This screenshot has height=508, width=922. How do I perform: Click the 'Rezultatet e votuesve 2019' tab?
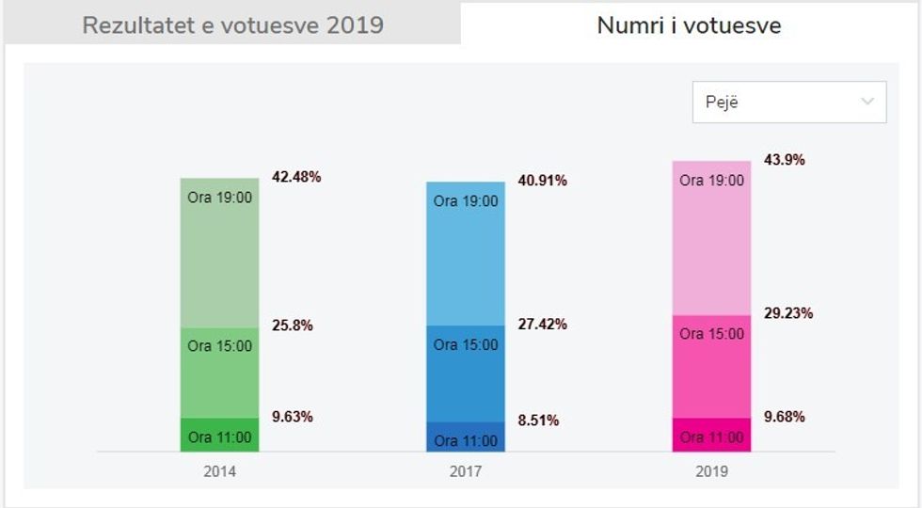tap(232, 25)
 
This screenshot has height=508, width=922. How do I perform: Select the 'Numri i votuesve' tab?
tap(689, 25)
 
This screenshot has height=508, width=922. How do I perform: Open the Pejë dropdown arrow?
tap(867, 102)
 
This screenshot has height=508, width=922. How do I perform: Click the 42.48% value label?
tap(296, 177)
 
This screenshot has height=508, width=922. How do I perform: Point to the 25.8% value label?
tap(293, 325)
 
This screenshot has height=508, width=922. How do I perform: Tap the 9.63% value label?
tap(293, 417)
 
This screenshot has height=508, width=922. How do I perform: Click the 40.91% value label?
tap(542, 181)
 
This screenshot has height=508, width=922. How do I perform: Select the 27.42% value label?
tap(542, 325)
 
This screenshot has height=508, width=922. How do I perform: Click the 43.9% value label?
tap(784, 160)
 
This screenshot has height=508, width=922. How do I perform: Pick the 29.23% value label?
tap(787, 313)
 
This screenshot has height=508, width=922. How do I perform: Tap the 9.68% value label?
tap(784, 417)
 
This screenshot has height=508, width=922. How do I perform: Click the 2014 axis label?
tap(219, 472)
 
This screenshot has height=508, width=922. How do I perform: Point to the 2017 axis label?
tap(466, 472)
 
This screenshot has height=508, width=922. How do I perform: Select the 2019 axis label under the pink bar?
tap(711, 472)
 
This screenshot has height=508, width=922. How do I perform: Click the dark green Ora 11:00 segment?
tap(220, 436)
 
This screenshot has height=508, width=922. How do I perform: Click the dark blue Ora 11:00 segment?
tap(466, 437)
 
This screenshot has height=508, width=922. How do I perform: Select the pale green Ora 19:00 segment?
tap(220, 254)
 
